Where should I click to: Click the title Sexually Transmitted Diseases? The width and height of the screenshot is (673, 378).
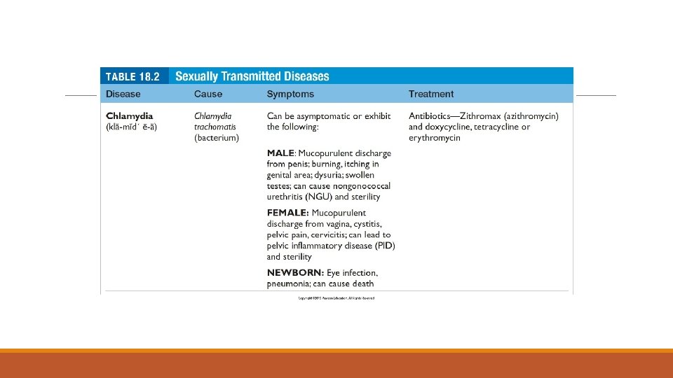point(252,76)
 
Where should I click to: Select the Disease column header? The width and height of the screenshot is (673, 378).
point(123,94)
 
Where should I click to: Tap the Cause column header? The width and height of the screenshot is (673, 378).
point(208,94)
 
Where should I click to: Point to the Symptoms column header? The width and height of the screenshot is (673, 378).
point(290,94)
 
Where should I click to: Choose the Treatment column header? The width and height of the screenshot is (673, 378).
point(431,94)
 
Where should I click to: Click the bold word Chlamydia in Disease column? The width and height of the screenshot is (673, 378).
point(129,115)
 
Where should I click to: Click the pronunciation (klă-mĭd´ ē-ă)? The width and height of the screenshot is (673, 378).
point(136,127)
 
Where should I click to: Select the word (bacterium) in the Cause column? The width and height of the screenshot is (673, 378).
point(217,138)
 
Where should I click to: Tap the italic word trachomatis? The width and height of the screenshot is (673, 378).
point(215,127)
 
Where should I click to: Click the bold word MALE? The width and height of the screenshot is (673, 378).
point(280,153)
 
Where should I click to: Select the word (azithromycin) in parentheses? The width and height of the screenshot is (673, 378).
point(524,115)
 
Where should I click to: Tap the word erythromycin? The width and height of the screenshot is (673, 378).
point(435,138)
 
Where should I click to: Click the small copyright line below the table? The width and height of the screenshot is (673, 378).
point(336,298)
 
